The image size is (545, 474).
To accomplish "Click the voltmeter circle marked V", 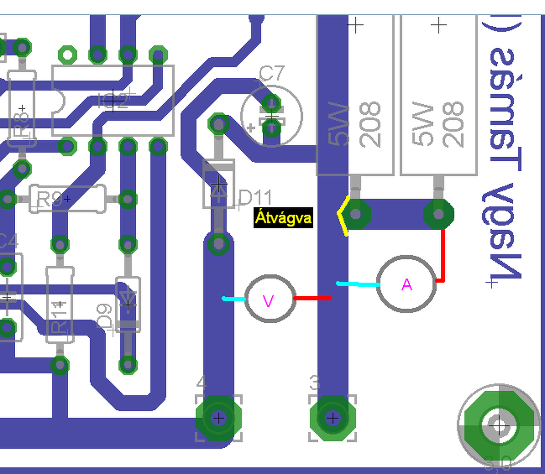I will tap(269, 299).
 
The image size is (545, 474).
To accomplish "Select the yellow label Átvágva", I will tap(284, 218).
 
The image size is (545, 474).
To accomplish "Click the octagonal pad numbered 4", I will tap(219, 418).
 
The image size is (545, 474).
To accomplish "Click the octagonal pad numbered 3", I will tap(332, 418).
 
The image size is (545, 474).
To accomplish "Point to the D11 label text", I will tap(255, 198).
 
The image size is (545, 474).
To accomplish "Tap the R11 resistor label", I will tap(59, 317).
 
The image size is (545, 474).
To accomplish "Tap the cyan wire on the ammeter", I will tap(357, 284).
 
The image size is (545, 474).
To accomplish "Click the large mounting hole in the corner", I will tap(499, 424).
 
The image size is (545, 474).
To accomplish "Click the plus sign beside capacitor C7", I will tap(251, 128).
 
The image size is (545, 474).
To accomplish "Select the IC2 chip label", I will tap(113, 100).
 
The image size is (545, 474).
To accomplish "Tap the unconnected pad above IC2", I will tap(68, 55).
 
